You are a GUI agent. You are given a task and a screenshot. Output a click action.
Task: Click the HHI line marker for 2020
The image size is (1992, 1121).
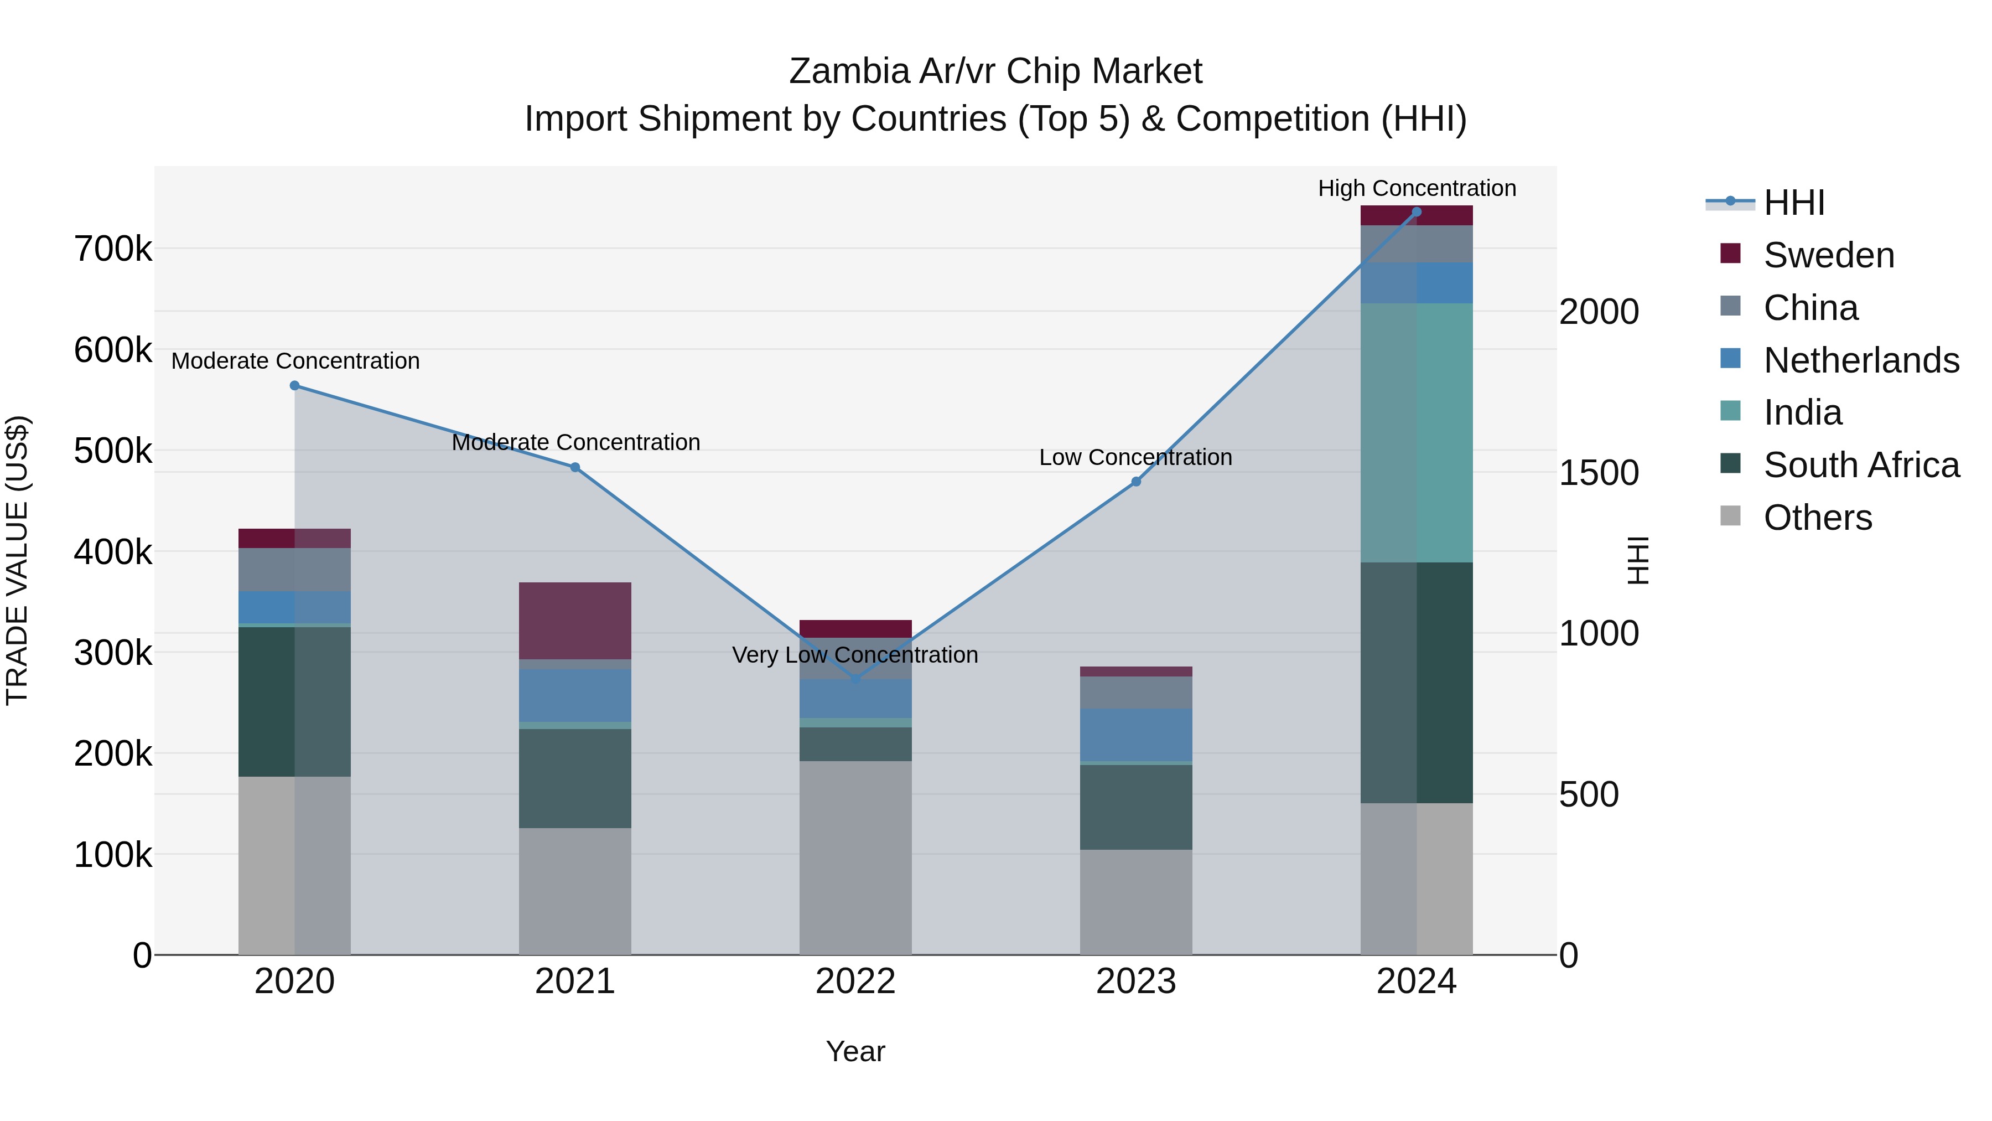294,385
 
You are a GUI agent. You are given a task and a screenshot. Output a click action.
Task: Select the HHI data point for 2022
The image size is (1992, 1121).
855,679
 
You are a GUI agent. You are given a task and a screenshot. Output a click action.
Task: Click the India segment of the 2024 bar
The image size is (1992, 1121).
1417,433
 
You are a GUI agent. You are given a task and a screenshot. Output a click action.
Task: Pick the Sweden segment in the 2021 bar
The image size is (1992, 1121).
574,621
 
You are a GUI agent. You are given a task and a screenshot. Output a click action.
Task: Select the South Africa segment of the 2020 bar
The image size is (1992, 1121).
294,702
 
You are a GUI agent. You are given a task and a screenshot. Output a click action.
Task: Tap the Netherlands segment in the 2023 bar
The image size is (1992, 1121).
1136,735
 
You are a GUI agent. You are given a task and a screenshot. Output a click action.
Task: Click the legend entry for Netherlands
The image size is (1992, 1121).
1860,360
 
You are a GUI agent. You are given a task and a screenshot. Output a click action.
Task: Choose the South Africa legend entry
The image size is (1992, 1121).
1860,465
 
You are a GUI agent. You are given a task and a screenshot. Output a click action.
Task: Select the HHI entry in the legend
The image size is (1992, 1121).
1794,203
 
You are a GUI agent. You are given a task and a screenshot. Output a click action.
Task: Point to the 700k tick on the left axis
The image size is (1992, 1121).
113,249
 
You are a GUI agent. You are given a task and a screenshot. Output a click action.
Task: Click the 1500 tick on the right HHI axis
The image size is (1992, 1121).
1597,473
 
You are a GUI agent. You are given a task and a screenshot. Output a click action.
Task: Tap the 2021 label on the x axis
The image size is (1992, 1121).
574,981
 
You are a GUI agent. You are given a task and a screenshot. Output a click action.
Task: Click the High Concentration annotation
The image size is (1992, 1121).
1417,188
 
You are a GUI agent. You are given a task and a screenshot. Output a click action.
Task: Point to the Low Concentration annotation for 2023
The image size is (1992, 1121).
1135,457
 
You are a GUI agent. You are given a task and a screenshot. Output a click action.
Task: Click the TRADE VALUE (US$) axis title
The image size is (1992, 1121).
17,560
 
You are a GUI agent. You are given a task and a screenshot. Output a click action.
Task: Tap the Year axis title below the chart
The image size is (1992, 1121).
855,1051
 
